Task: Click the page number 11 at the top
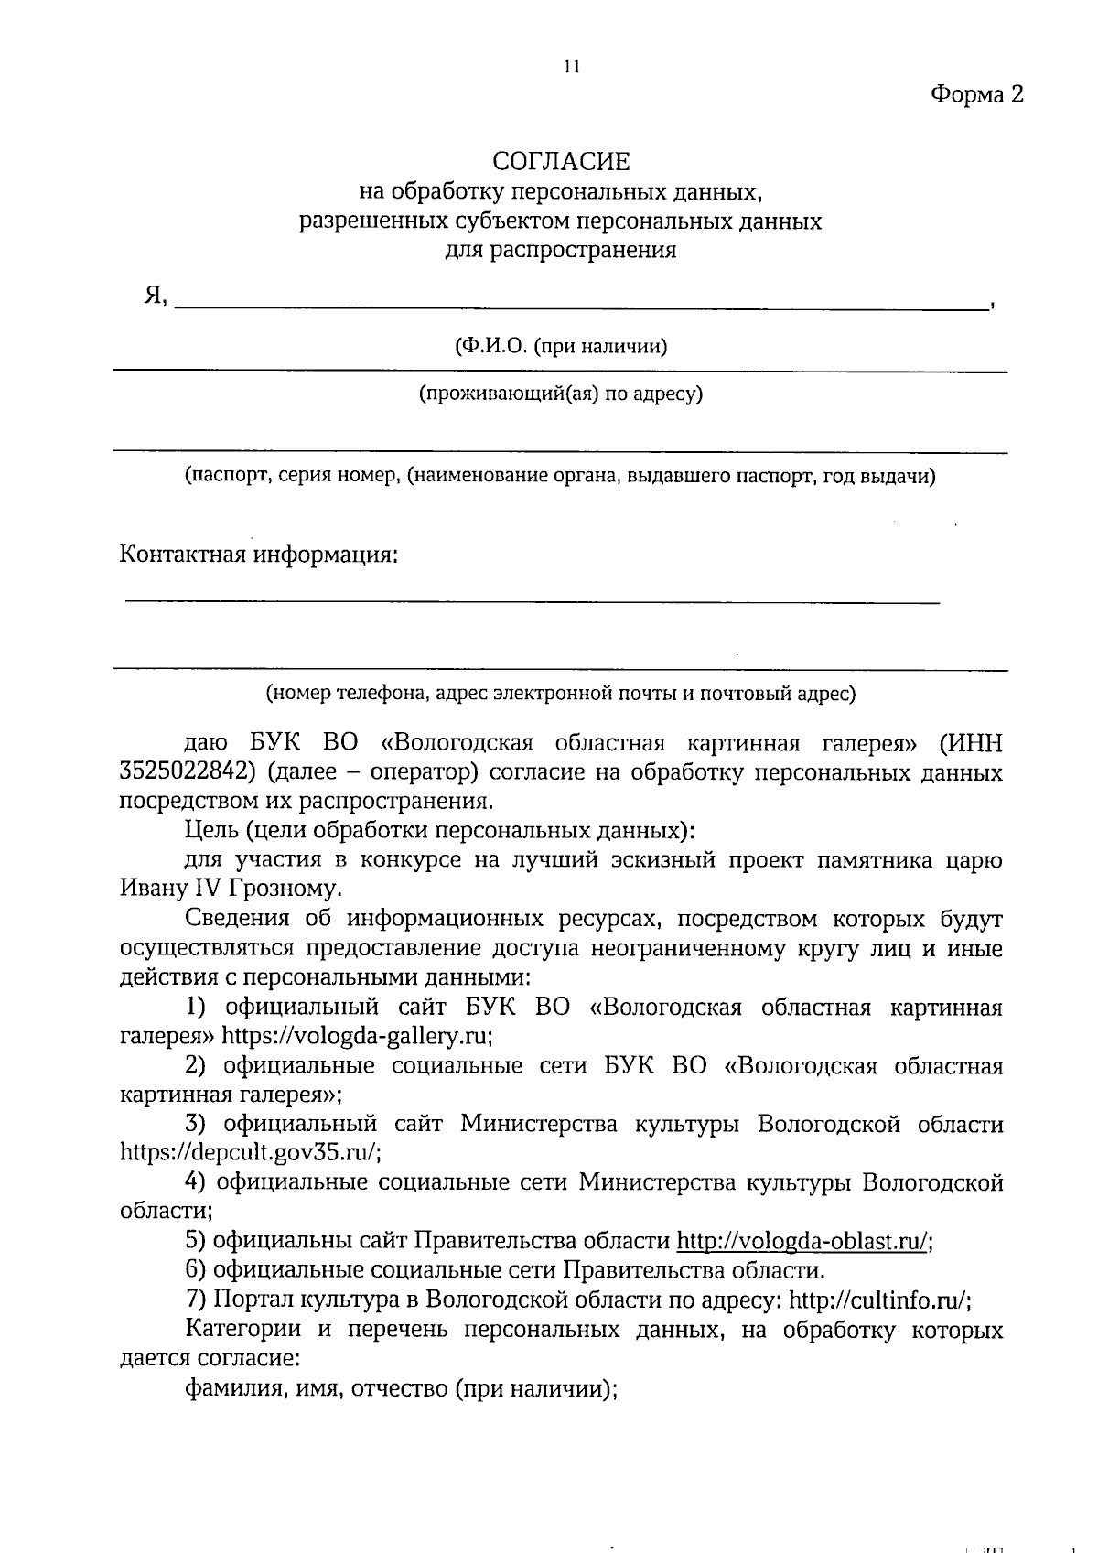572,67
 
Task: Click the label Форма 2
975,94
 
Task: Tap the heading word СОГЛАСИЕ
561,162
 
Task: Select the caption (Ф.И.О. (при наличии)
560,347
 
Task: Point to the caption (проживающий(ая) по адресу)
560,394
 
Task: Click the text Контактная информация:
259,555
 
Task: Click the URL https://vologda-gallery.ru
357,1036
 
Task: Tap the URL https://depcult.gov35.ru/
251,1152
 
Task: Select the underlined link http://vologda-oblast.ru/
803,1241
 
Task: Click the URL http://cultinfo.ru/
879,1300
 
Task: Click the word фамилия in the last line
224,1388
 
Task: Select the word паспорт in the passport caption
226,477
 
